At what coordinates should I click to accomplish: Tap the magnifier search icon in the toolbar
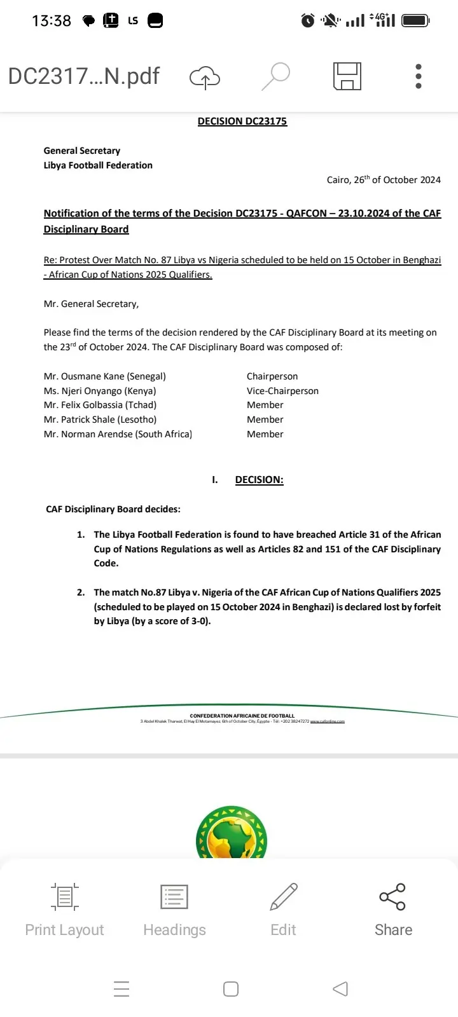pyautogui.click(x=276, y=76)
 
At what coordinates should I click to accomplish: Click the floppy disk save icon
pyautogui.click(x=347, y=76)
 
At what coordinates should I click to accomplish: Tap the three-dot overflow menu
pyautogui.click(x=418, y=76)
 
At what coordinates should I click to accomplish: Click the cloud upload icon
pyautogui.click(x=205, y=78)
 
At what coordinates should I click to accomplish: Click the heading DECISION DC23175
pyautogui.click(x=242, y=121)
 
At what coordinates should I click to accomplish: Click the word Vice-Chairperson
pyautogui.click(x=282, y=391)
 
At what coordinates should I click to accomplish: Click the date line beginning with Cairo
pyautogui.click(x=384, y=180)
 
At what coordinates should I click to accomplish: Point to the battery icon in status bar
pyautogui.click(x=417, y=21)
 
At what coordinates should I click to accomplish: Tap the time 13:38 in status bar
pyautogui.click(x=52, y=21)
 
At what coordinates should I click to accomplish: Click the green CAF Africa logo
pyautogui.click(x=232, y=833)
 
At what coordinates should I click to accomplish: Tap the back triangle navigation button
pyautogui.click(x=340, y=989)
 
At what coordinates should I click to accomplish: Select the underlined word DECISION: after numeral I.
pyautogui.click(x=259, y=480)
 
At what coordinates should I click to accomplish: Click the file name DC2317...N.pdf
pyautogui.click(x=83, y=76)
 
